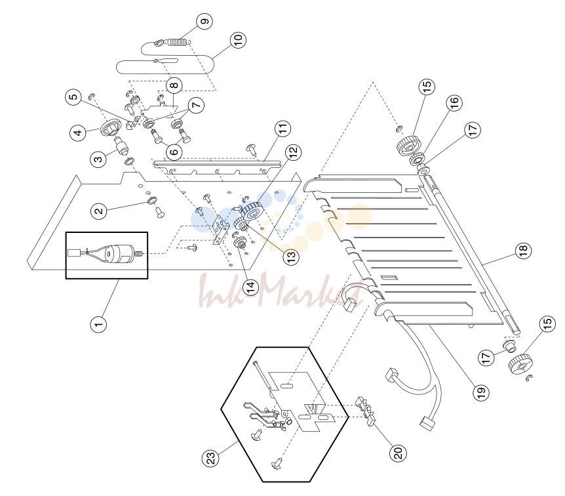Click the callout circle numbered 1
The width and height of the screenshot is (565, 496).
98,324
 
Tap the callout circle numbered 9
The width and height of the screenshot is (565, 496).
205,21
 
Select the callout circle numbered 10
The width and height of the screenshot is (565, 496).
238,39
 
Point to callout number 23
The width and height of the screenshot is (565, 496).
211,457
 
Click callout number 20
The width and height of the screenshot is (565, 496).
398,452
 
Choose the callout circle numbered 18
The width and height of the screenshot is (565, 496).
523,249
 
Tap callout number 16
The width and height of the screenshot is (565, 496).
454,102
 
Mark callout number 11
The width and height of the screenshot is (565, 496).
283,129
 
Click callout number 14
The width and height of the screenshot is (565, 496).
251,287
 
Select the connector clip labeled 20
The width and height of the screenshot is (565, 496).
365,410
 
